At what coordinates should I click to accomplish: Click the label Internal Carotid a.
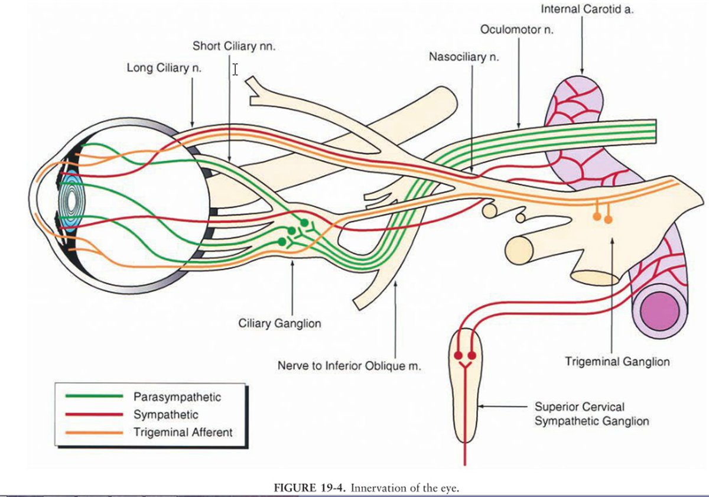point(587,10)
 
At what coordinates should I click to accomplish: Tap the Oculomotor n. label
point(516,30)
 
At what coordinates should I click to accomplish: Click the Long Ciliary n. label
point(164,68)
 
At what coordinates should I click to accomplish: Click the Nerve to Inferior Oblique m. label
point(349,366)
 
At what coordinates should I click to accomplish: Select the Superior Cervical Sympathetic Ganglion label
point(591,414)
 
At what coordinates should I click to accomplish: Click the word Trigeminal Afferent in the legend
point(183,432)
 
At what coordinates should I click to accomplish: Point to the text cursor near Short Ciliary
point(235,70)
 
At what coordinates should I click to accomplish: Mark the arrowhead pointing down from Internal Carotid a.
point(583,69)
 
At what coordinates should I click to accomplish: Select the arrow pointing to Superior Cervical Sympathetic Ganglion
point(502,407)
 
